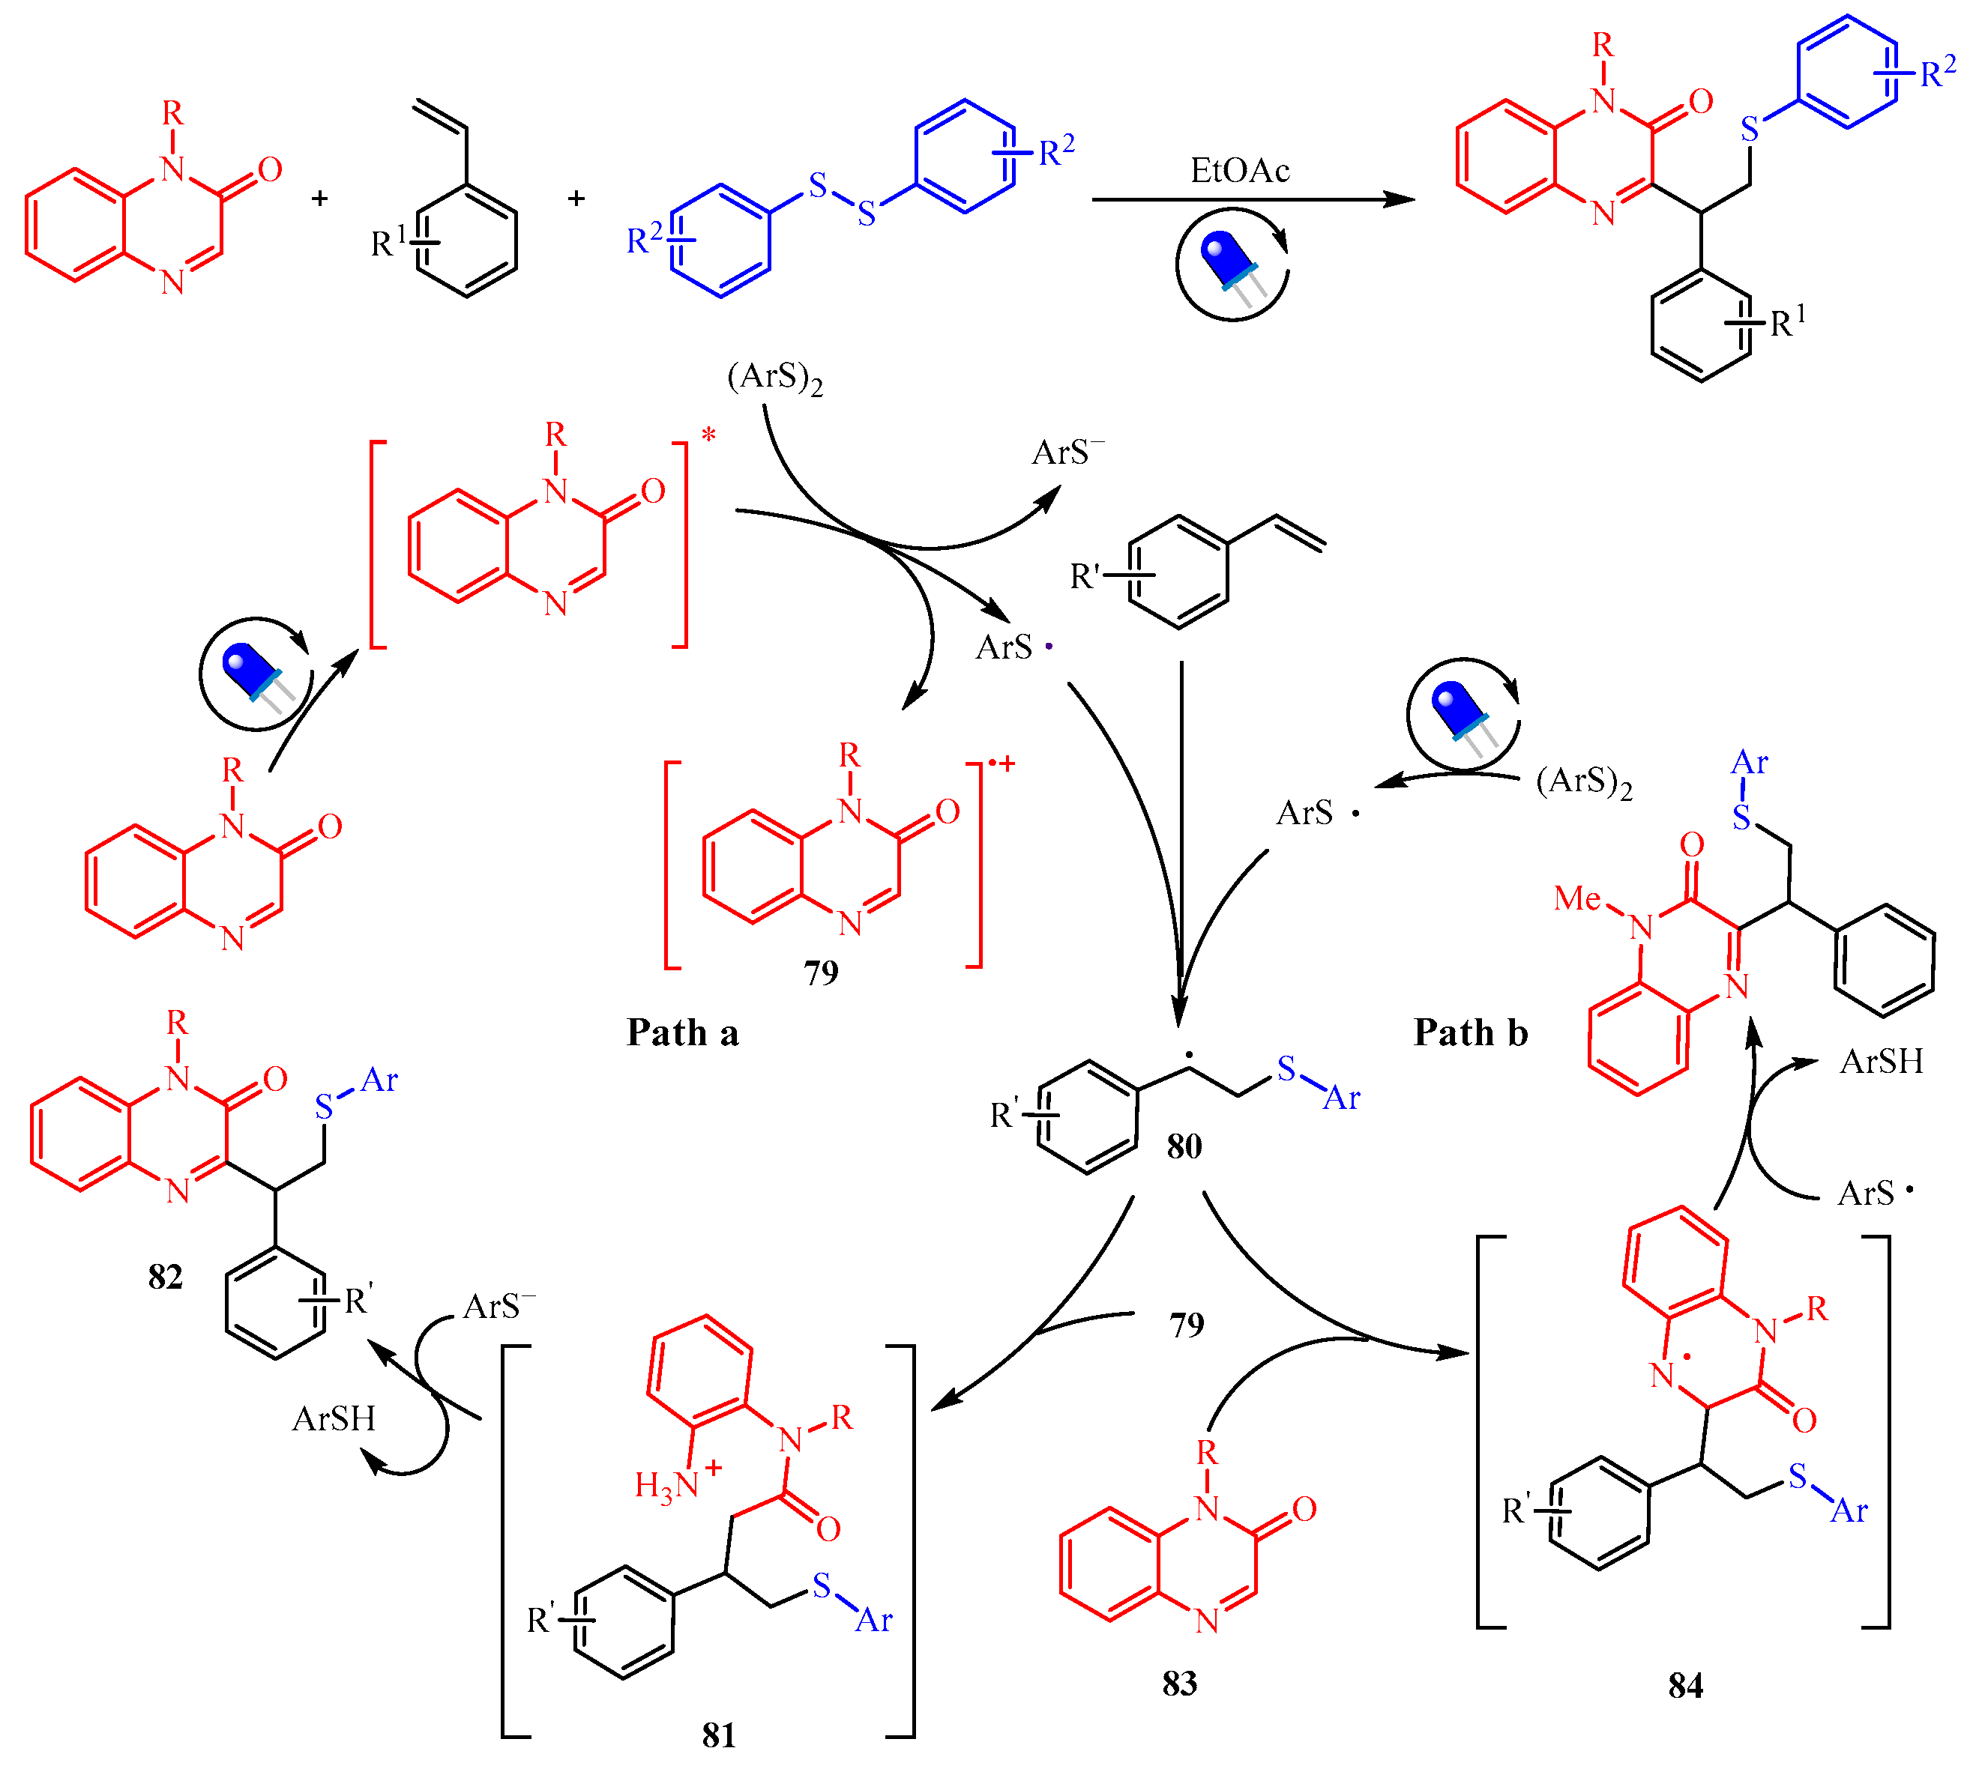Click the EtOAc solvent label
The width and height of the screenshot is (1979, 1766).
(1239, 171)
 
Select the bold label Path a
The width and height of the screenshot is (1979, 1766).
(682, 1032)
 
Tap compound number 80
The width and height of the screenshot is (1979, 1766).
(1184, 1146)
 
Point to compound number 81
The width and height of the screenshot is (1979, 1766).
(718, 1734)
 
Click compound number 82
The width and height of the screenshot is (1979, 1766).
(165, 1276)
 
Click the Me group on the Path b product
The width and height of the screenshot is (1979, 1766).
(1577, 898)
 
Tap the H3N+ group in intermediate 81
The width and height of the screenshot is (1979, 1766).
(676, 1483)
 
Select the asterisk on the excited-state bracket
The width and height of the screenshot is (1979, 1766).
(708, 435)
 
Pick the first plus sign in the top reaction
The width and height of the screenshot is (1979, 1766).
(319, 199)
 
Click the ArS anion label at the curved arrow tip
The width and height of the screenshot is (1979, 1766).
(1067, 452)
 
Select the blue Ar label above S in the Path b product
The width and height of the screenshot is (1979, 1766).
(1749, 763)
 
